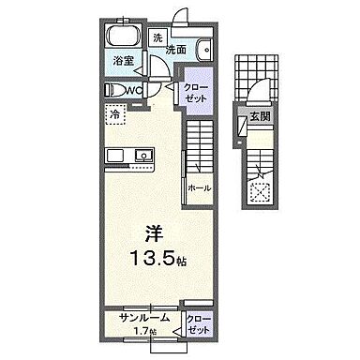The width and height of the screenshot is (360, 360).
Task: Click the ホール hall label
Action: pos(198,188)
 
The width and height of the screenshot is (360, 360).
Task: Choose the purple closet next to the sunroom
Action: pos(197,324)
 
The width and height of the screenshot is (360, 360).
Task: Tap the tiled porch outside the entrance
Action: pos(252,75)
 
